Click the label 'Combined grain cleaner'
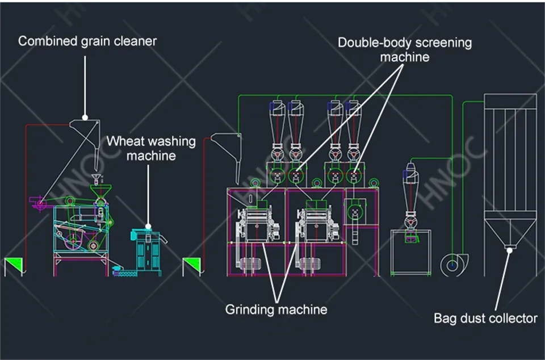[x=87, y=41]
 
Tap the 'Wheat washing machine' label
[x=151, y=148]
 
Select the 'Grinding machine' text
[x=276, y=309]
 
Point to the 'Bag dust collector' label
[x=485, y=319]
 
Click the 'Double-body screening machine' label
[x=405, y=50]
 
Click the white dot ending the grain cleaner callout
[x=85, y=118]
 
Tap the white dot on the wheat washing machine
[x=148, y=227]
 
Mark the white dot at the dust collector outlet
[x=510, y=250]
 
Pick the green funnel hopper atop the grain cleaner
[x=100, y=191]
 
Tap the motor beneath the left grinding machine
[x=248, y=264]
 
